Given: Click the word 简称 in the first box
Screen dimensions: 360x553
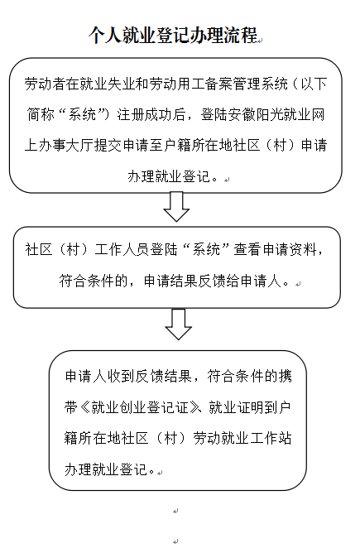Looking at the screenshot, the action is pos(41,114).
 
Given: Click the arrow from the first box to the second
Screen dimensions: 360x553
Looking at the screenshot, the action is pos(176,207).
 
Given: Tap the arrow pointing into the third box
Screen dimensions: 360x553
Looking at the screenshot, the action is pos(179,325).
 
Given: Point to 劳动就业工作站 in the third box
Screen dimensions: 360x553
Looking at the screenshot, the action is pos(242,439).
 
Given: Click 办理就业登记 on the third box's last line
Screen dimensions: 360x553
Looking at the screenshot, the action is pos(106,469).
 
